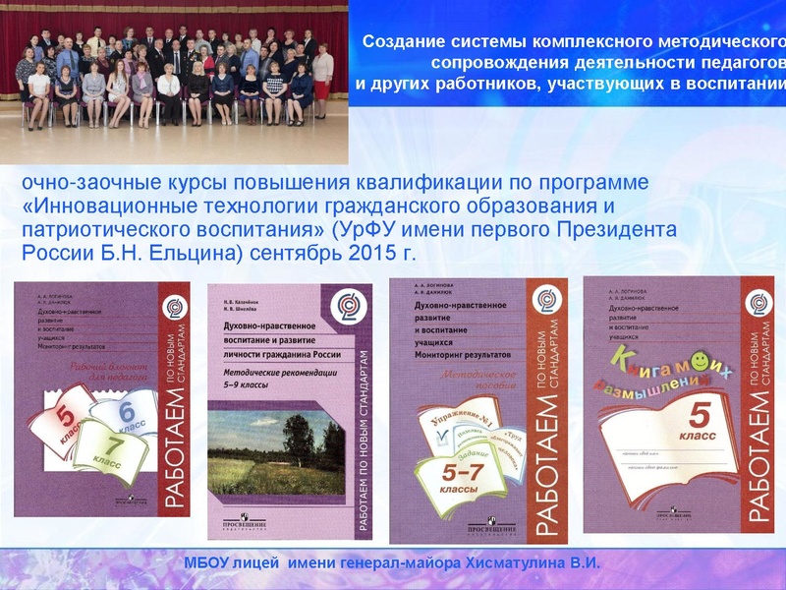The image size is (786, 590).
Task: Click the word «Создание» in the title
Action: click(399, 42)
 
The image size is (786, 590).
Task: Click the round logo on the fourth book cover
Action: click(758, 303)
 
